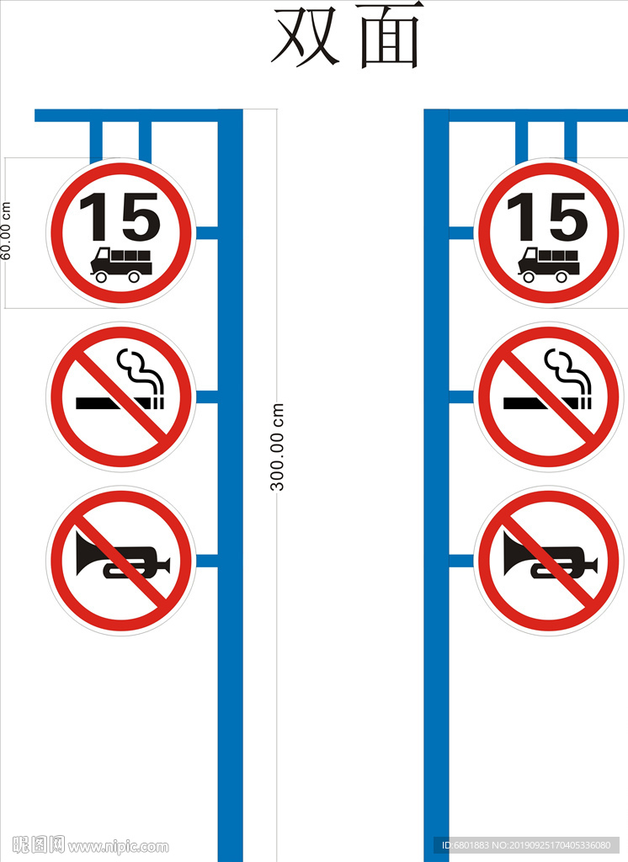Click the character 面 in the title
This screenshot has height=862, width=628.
[x=390, y=35]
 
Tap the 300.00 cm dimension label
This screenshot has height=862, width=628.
[x=277, y=447]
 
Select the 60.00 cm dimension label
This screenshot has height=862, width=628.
[x=6, y=231]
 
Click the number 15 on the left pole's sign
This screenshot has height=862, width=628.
[x=120, y=216]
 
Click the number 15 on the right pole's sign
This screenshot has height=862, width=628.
[x=547, y=216]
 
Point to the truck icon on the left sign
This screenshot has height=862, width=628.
[x=121, y=265]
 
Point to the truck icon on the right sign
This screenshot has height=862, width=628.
[x=548, y=265]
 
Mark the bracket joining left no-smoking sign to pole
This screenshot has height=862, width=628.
[x=207, y=397]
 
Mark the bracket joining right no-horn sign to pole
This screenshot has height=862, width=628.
[x=461, y=561]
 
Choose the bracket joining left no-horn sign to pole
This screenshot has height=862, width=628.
[x=207, y=561]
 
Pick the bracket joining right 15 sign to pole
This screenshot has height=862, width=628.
[x=461, y=233]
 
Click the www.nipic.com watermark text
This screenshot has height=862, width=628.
[x=118, y=847]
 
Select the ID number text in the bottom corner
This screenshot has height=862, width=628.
[x=526, y=845]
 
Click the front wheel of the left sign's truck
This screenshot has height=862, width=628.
[x=101, y=276]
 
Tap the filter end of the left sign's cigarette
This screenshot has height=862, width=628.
[x=157, y=403]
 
